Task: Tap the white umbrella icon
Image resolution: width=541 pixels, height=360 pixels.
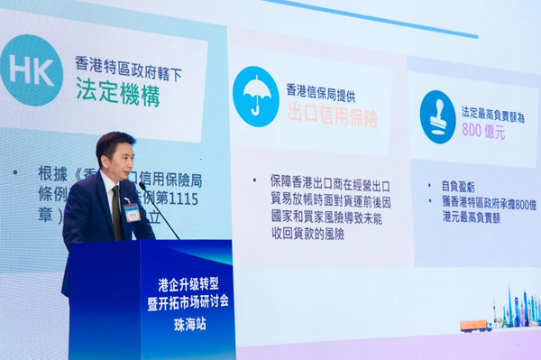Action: click(255, 97)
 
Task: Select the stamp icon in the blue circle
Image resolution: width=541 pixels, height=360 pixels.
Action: click(437, 116)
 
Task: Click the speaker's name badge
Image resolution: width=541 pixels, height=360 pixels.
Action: click(132, 213)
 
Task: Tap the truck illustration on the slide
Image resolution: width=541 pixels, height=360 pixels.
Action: click(475, 326)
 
